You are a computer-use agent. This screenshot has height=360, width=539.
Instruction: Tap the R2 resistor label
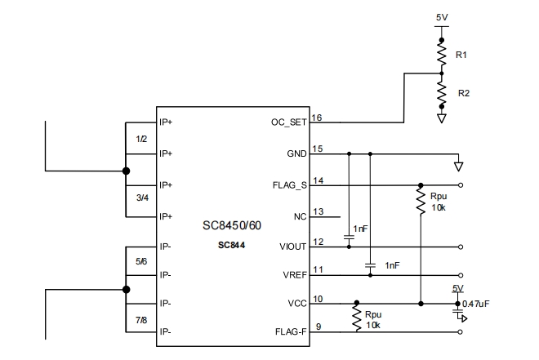(463, 93)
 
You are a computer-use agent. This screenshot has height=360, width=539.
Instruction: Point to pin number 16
(318, 118)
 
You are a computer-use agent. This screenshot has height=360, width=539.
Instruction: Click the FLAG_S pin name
(288, 185)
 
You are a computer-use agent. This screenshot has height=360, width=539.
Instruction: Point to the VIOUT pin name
(292, 247)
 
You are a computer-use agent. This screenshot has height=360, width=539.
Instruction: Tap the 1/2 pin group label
(141, 139)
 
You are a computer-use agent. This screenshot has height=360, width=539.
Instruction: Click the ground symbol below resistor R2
(442, 118)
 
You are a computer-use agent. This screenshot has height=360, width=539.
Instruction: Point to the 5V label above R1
(442, 16)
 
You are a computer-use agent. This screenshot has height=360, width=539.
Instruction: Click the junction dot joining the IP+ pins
(125, 171)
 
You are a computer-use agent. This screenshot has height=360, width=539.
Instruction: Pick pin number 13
(318, 212)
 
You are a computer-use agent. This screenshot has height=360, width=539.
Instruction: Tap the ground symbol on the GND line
(458, 167)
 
